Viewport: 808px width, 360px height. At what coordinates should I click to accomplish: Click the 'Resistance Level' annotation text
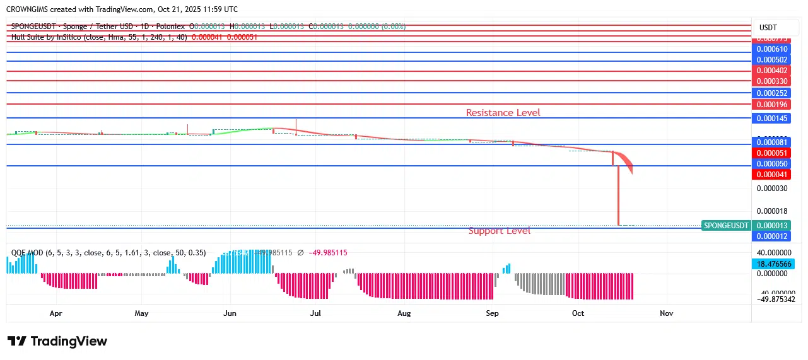503,113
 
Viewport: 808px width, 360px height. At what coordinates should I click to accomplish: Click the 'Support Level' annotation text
499,231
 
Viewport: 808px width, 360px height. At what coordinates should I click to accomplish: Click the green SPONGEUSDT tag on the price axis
726,226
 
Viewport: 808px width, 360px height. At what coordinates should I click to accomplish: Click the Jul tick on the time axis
315,313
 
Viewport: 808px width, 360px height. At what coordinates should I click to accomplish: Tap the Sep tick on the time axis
493,313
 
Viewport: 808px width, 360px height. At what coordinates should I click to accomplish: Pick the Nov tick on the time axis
666,313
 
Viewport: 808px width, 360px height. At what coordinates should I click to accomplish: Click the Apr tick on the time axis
56,313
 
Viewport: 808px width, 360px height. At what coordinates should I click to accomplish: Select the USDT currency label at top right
768,28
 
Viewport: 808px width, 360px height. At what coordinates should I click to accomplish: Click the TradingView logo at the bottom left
57,341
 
